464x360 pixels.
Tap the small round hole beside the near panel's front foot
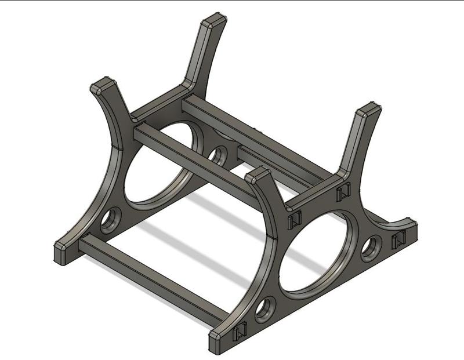coord(265,308)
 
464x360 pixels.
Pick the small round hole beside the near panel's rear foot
coord(371,248)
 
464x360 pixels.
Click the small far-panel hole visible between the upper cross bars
coord(218,155)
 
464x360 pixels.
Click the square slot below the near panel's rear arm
coord(343,192)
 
